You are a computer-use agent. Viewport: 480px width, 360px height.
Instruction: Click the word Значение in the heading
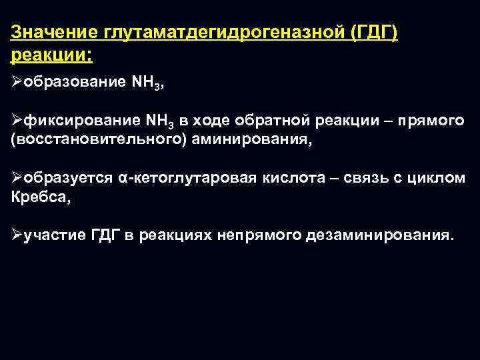coord(55,32)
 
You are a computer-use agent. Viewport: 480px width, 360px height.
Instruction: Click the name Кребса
coord(34,197)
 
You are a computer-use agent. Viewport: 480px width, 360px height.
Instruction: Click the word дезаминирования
coord(379,236)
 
